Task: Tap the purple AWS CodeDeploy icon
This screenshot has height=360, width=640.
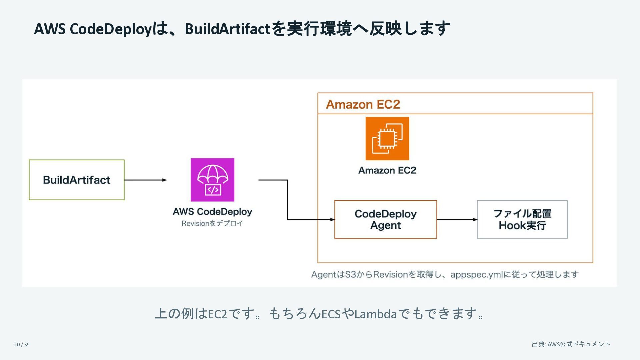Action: [x=212, y=180]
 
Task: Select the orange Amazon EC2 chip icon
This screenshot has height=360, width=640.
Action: [x=387, y=138]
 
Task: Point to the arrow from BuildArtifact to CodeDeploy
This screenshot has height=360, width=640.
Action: [x=146, y=180]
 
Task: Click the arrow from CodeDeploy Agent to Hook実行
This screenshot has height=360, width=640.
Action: [x=457, y=219]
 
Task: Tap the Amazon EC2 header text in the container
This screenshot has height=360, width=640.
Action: [x=363, y=104]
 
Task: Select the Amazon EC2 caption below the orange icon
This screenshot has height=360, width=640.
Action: [x=387, y=170]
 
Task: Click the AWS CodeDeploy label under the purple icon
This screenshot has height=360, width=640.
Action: [x=212, y=212]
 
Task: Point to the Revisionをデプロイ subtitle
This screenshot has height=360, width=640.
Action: [x=212, y=223]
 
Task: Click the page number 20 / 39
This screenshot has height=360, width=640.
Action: [x=22, y=344]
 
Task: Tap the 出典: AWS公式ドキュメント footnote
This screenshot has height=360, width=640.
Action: [x=571, y=344]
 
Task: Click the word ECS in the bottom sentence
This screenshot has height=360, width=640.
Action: [x=331, y=314]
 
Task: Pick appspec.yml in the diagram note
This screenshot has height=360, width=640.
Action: [x=477, y=275]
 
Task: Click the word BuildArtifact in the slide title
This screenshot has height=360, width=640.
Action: [x=227, y=29]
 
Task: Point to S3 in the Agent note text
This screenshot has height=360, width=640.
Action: [x=351, y=274]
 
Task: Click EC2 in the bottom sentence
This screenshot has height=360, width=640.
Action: [x=217, y=314]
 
